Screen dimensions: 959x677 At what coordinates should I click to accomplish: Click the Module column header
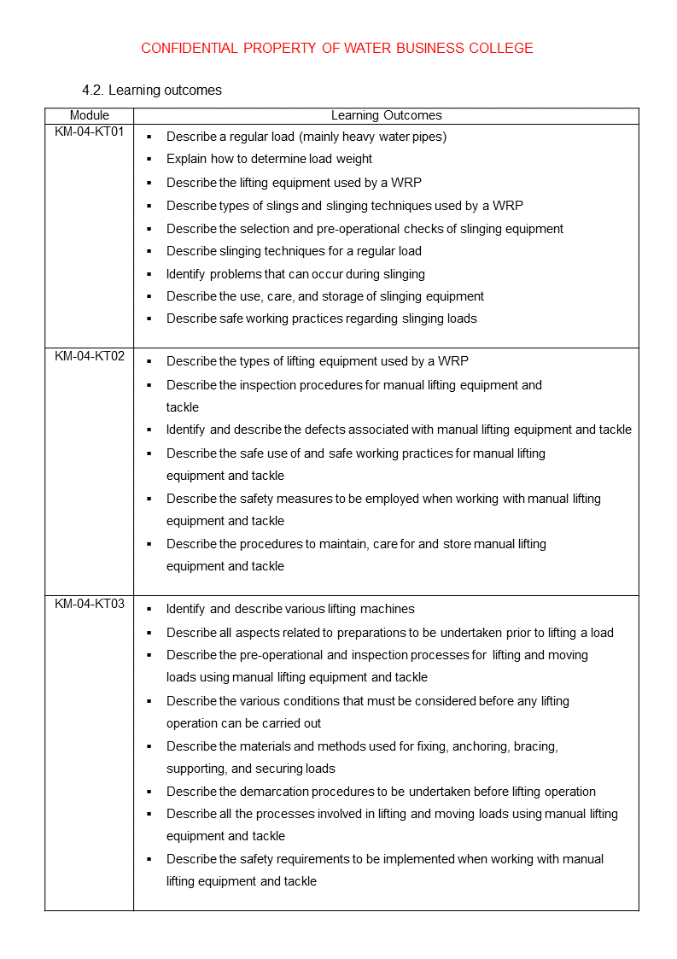pos(90,115)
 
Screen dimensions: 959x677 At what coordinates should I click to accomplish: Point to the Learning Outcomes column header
pos(386,115)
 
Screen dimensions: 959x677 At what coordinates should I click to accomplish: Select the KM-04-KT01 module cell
pos(90,132)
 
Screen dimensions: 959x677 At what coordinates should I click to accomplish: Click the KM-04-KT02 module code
pos(90,356)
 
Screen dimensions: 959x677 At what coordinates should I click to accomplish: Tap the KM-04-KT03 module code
pos(90,604)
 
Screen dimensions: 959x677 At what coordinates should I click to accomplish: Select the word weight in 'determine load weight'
pos(354,159)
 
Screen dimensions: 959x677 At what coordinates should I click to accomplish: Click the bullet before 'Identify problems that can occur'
pos(149,274)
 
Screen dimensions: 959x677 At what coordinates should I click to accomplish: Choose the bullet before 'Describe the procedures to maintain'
pos(149,544)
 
